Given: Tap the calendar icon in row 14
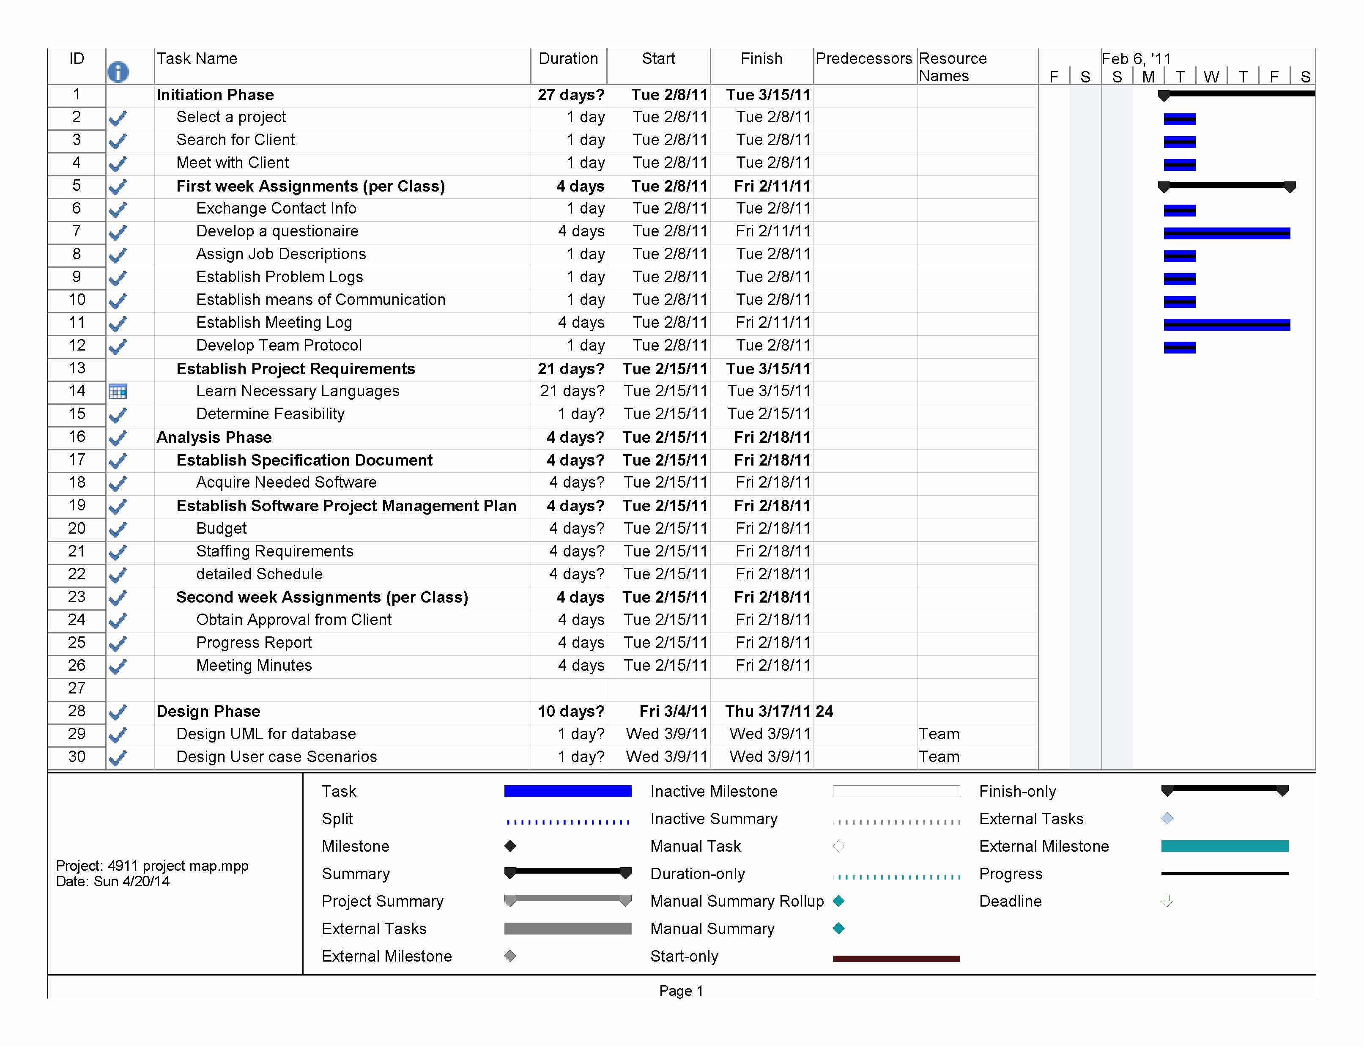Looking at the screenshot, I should pos(118,392).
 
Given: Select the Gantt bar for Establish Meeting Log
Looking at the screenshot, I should pos(1226,324).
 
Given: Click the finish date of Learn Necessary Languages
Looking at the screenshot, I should pos(768,391).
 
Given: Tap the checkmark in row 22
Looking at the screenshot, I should pos(118,574).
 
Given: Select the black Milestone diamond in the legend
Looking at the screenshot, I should pos(510,846).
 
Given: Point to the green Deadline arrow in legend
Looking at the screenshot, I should pos(1167,901).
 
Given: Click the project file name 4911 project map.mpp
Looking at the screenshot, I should pos(178,865).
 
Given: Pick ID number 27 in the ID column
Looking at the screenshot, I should pos(77,688).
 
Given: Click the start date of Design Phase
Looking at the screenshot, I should pos(673,711).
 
